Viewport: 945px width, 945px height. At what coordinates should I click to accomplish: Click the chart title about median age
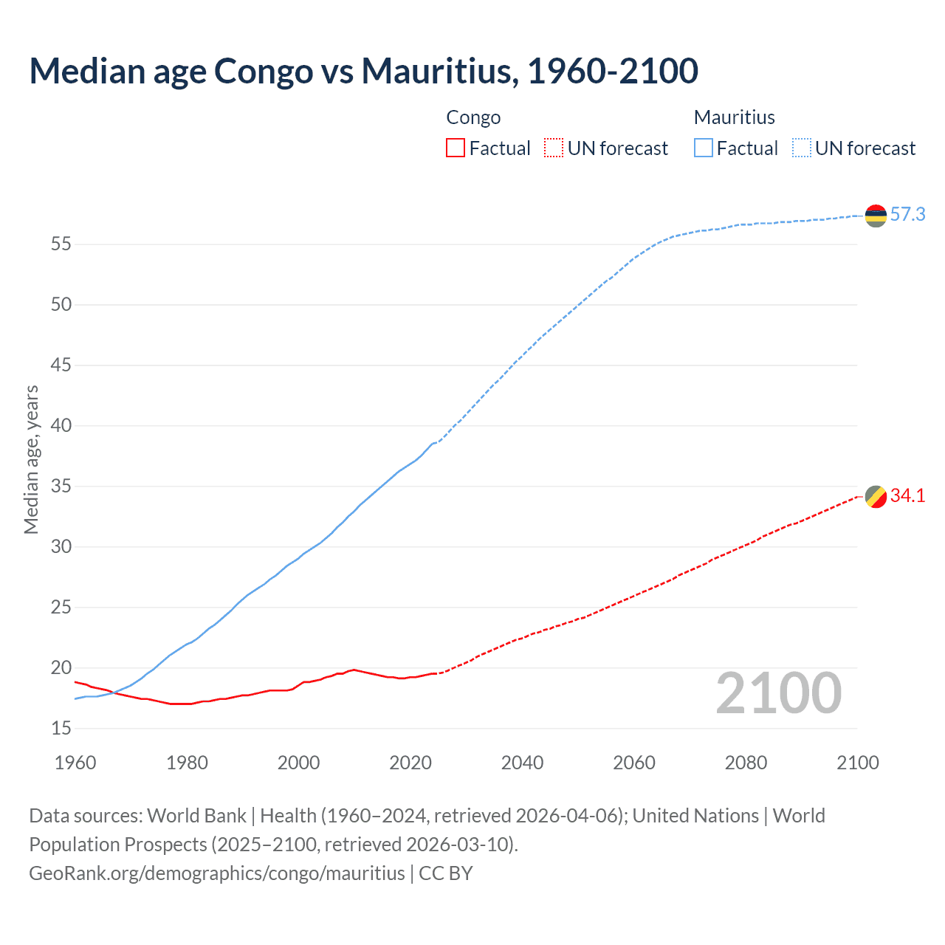click(363, 71)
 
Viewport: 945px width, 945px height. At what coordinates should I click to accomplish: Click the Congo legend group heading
click(473, 117)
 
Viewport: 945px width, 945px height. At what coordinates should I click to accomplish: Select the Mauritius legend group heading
click(734, 117)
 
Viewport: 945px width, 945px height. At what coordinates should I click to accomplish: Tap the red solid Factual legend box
click(456, 148)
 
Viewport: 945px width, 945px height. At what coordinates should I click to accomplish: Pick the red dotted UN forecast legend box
click(554, 148)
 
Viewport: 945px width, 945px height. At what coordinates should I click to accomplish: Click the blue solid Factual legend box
click(704, 148)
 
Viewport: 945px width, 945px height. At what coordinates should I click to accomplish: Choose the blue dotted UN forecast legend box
click(802, 148)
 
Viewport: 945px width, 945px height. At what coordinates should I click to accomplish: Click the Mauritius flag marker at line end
click(876, 216)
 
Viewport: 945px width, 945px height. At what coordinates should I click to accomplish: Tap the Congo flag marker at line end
click(876, 497)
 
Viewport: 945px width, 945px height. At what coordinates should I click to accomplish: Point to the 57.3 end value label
click(907, 215)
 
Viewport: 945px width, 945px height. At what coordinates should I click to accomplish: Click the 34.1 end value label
click(907, 496)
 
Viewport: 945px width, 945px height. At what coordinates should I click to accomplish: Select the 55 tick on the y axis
click(61, 244)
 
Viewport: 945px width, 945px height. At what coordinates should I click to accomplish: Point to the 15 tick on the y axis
click(61, 729)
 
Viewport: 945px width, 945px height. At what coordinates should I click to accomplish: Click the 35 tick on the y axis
click(61, 487)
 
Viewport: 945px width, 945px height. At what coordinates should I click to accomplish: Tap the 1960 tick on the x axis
click(75, 763)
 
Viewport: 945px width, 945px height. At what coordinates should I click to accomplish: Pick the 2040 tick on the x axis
click(522, 763)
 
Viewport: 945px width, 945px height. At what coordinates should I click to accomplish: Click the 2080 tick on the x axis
click(746, 763)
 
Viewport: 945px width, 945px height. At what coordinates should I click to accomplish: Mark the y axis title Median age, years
click(31, 459)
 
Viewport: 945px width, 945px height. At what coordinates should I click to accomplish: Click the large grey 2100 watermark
click(778, 693)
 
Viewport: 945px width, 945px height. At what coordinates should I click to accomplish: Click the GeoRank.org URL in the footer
click(217, 873)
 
